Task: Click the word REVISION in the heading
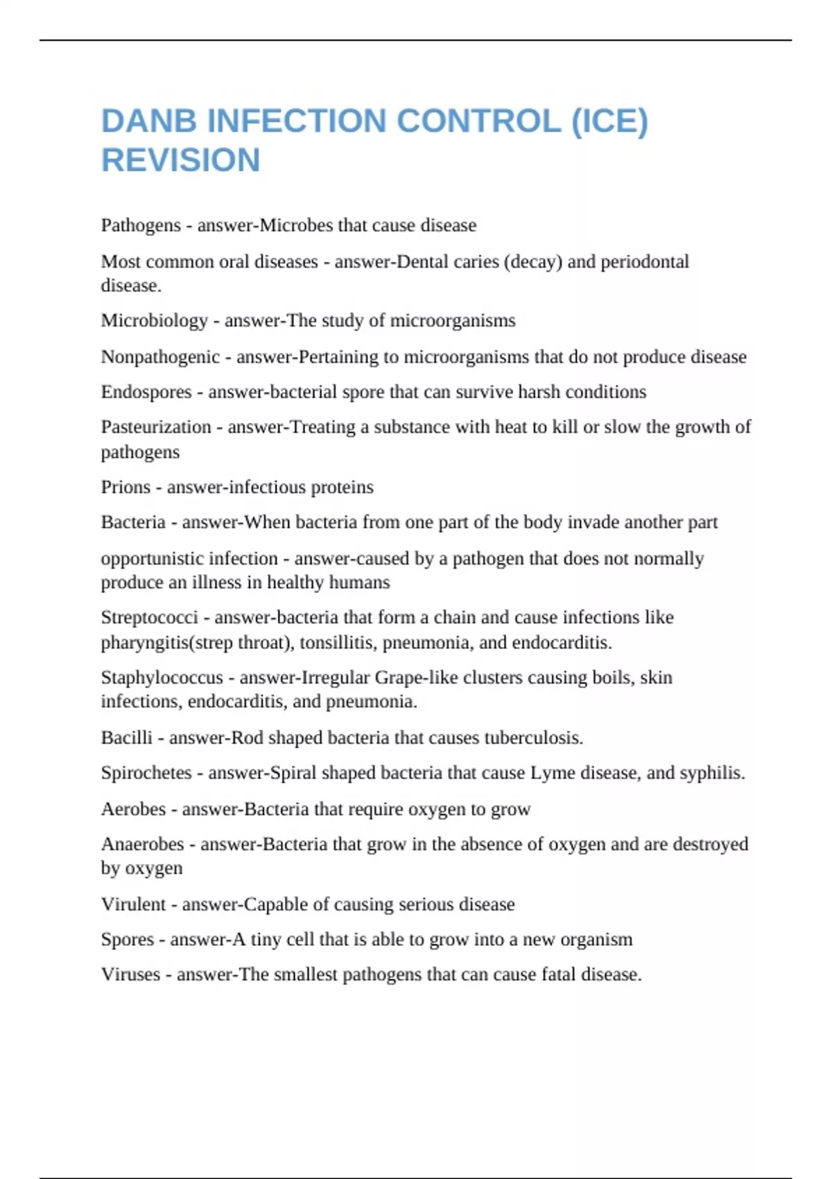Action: click(x=181, y=160)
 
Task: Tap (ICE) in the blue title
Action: click(x=609, y=121)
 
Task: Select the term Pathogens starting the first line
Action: click(x=141, y=225)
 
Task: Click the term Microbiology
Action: click(x=154, y=320)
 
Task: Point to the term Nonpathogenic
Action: click(x=160, y=356)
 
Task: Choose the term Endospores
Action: click(x=146, y=392)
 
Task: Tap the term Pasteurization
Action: click(x=156, y=427)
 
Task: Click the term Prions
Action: click(x=125, y=487)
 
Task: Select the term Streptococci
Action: click(x=149, y=617)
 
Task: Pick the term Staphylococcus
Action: click(x=162, y=677)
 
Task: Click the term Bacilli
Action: click(x=126, y=737)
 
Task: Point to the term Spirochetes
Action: click(x=146, y=773)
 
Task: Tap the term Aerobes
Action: click(x=133, y=809)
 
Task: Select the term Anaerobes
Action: click(x=142, y=844)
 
